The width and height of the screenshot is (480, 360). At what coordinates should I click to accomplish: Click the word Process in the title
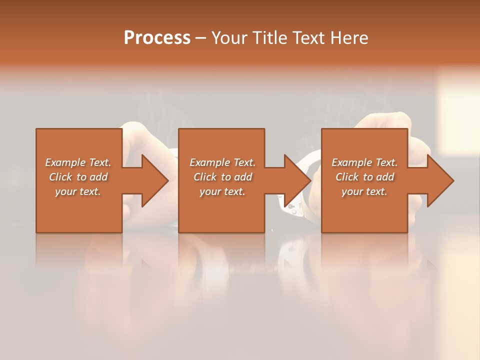click(157, 38)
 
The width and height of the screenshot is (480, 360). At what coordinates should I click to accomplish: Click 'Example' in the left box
click(65, 162)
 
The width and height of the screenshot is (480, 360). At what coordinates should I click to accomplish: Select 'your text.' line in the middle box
click(222, 191)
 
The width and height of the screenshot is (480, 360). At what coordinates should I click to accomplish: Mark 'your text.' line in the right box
click(364, 191)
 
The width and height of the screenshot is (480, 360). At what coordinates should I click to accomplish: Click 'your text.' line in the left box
click(77, 191)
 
